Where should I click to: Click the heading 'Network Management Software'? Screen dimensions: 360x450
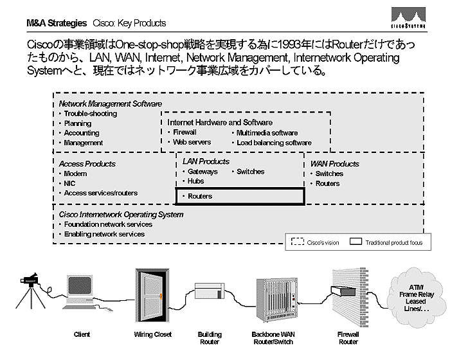pos(111,104)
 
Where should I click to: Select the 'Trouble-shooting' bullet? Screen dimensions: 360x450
pos(90,114)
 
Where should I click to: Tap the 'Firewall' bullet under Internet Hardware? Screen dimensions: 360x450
pos(184,132)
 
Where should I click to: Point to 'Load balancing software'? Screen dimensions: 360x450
pos(274,143)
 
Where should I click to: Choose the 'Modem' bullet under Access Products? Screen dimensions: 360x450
pos(75,174)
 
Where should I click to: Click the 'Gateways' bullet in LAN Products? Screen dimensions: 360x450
pos(203,172)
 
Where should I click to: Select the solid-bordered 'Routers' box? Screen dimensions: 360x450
pos(239,196)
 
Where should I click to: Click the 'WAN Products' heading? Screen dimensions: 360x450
pos(334,164)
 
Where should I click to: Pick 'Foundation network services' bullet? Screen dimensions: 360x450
pos(108,224)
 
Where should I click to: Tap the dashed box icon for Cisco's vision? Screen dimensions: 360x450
pos(297,242)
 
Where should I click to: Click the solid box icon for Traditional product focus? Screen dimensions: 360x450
pos(355,242)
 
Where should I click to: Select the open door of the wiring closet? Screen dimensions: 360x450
pos(152,296)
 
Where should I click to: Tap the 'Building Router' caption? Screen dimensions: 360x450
pos(210,338)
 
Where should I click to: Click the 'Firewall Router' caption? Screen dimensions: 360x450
pos(348,338)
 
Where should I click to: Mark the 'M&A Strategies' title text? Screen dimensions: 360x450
pos(57,23)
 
